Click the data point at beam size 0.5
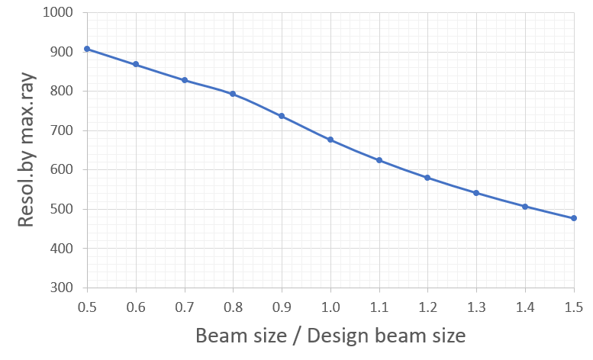coord(87,49)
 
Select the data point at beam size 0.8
coord(233,94)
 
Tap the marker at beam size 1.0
coord(330,140)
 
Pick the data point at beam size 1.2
coord(427,178)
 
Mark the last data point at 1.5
coord(574,218)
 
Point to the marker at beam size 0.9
coord(282,116)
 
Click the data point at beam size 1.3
coord(476,193)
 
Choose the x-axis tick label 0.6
coord(136,307)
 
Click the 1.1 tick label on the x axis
coord(379,307)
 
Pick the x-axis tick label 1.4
coord(525,307)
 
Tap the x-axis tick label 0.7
coord(185,307)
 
